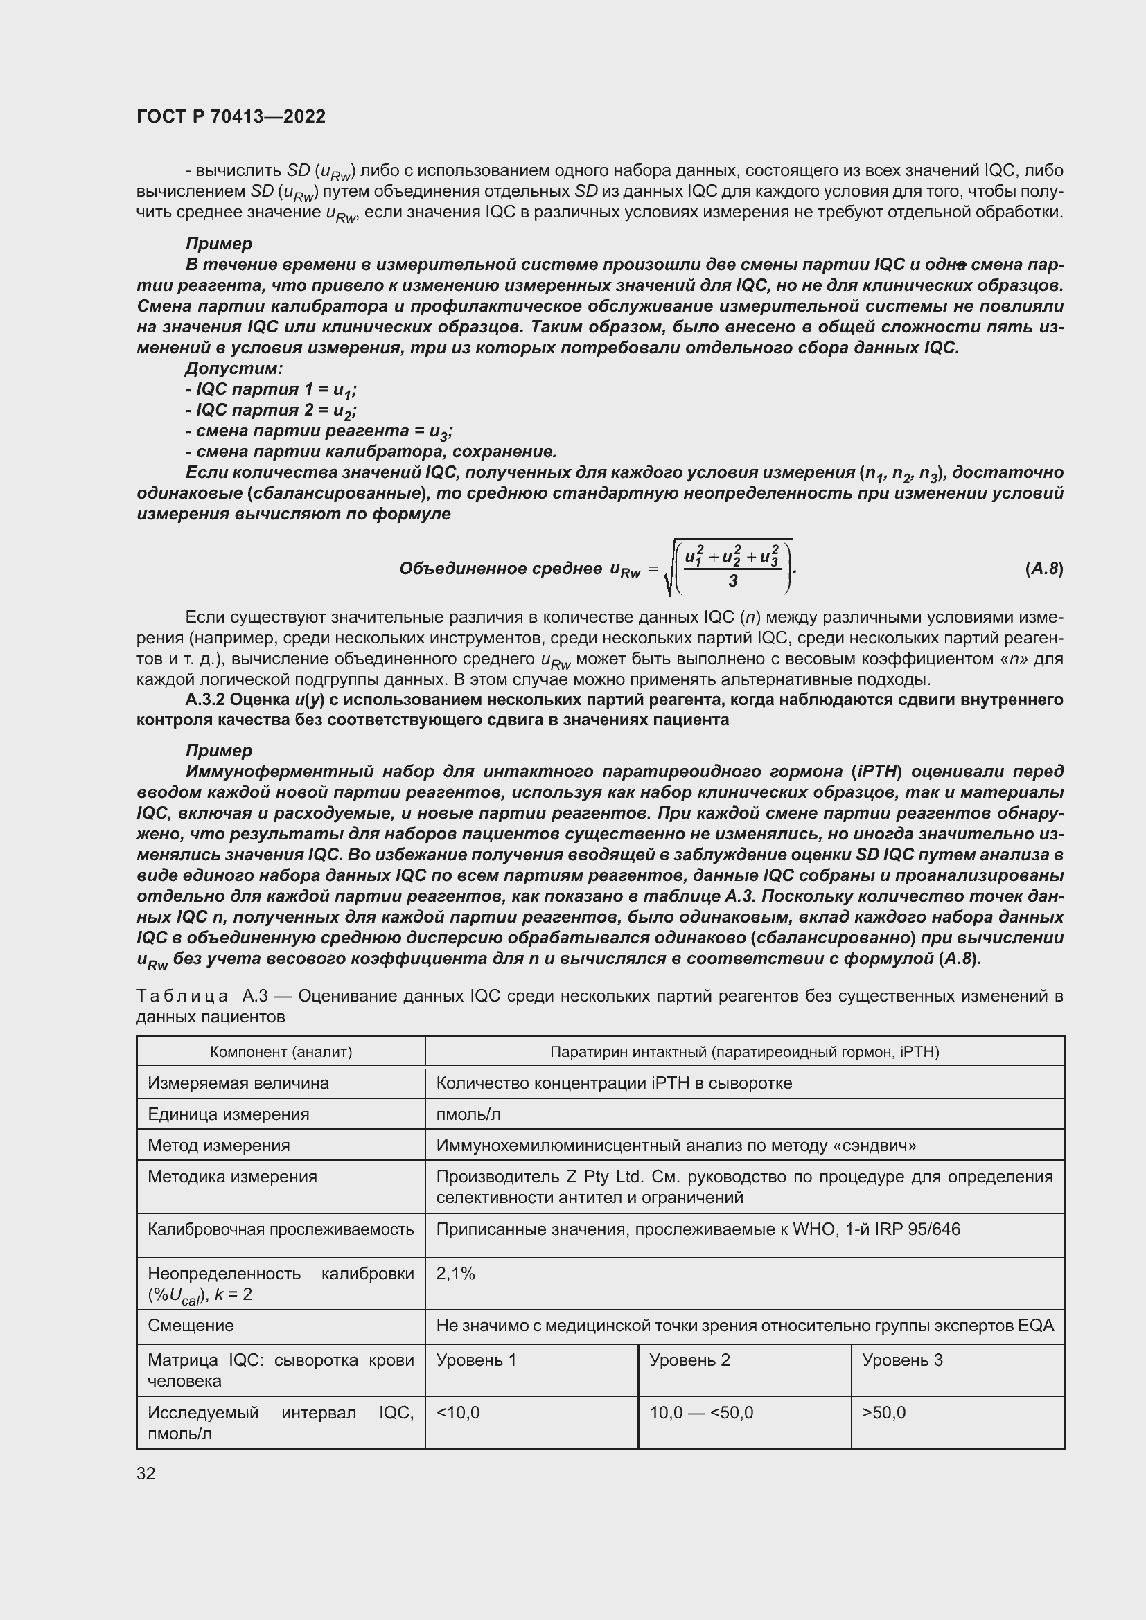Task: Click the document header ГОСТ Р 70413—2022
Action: pos(231,116)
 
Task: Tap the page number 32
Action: pos(146,1473)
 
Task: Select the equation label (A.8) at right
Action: pos(1043,568)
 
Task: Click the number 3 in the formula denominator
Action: pos(733,580)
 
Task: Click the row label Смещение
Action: pos(191,1325)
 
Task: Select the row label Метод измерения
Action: pos(219,1145)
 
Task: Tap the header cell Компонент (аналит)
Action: pos(281,1052)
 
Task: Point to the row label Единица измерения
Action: pos(229,1115)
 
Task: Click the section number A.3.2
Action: pos(205,700)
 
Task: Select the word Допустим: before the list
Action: pos(233,368)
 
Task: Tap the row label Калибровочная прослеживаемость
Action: pos(280,1229)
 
